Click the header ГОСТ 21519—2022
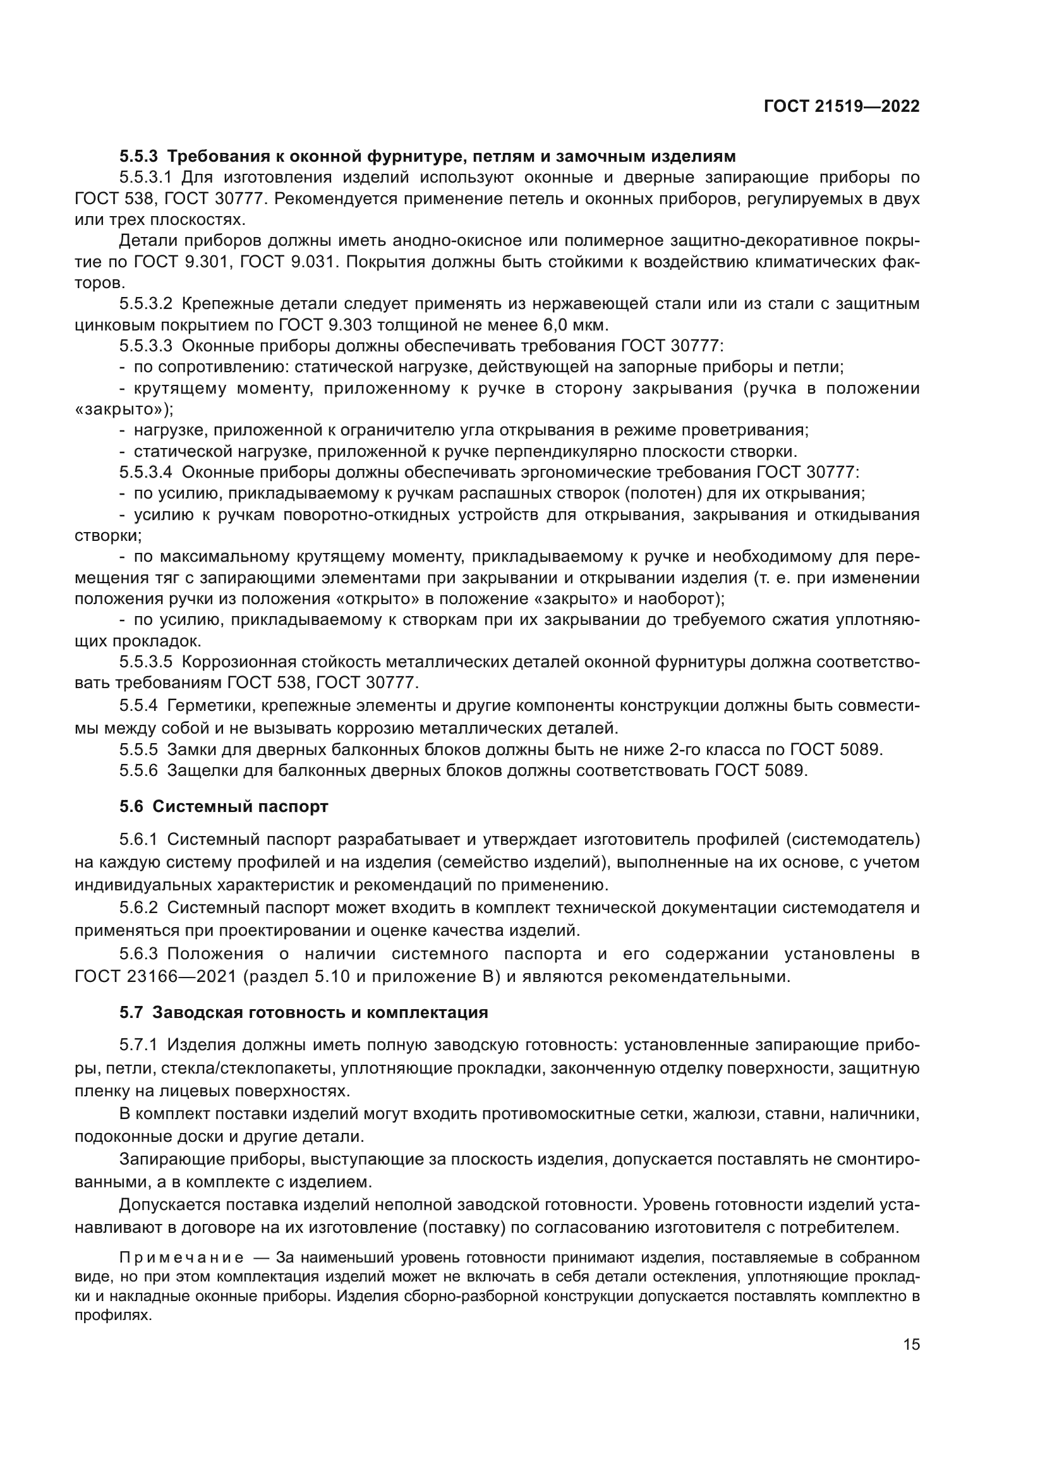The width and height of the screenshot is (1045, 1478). pos(841,106)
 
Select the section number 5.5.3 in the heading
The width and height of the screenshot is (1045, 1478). pos(138,157)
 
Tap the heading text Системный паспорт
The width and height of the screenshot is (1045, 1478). pos(240,806)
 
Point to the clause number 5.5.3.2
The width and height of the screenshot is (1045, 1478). pos(146,303)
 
